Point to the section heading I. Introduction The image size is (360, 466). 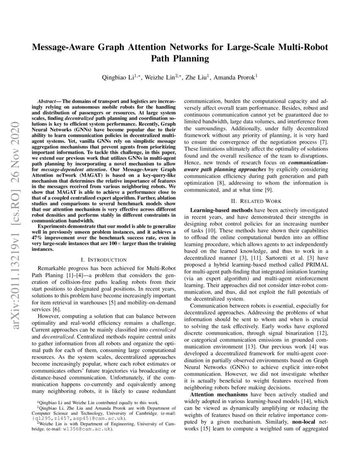103,259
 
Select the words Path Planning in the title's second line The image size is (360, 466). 180,58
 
